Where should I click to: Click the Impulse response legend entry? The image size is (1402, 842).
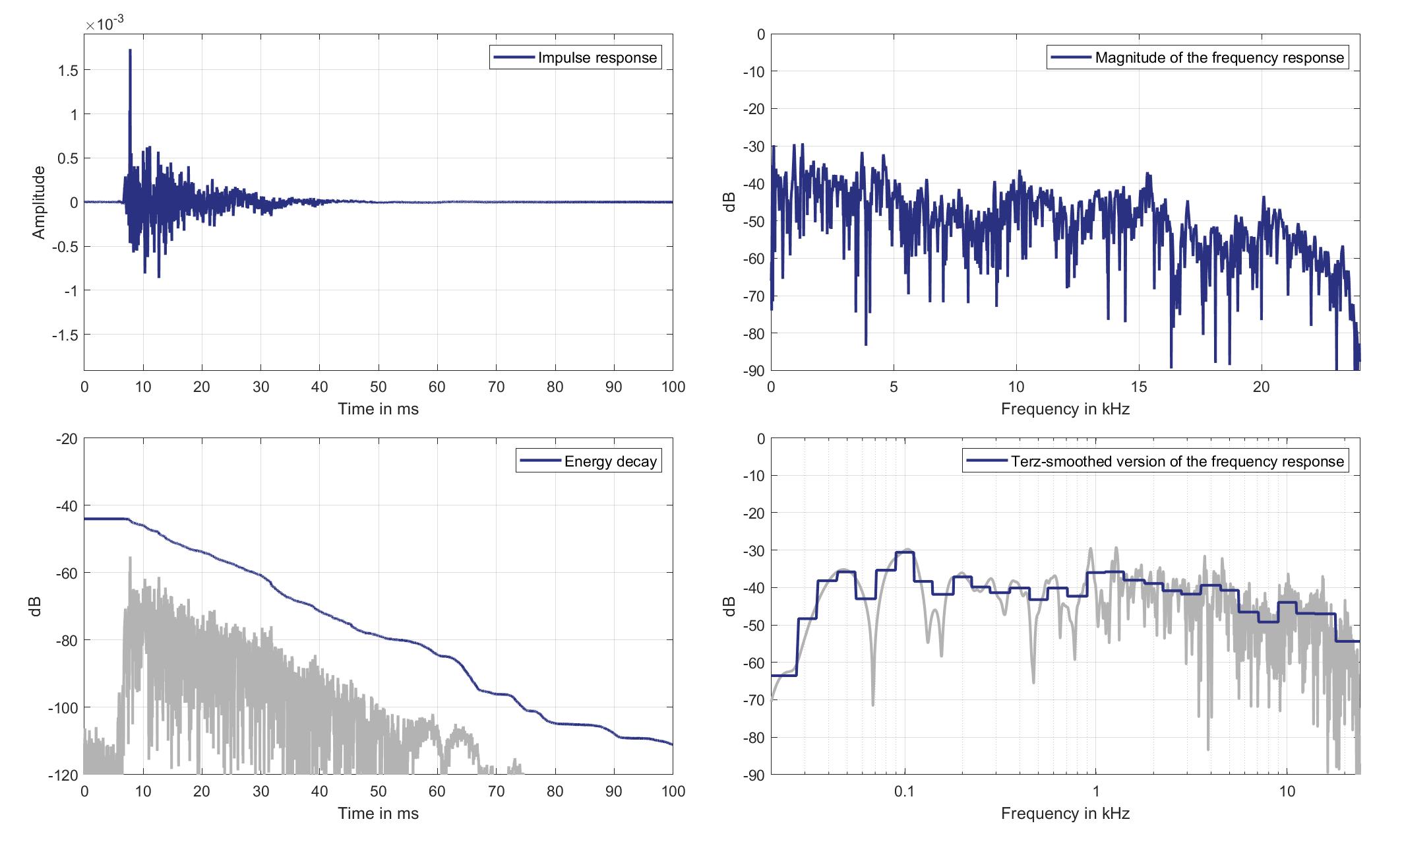pyautogui.click(x=575, y=57)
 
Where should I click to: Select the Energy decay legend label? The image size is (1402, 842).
pyautogui.click(x=588, y=461)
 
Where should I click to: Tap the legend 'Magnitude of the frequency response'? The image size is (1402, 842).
pyautogui.click(x=1198, y=57)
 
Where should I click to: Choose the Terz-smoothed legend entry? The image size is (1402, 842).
pyautogui.click(x=1155, y=461)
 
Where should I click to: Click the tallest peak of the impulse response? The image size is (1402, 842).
pyautogui.click(x=130, y=50)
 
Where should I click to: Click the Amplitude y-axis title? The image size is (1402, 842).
pyautogui.click(x=39, y=203)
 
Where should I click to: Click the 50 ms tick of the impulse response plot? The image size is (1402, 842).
pyautogui.click(x=379, y=387)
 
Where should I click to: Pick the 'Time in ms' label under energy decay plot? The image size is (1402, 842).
pyautogui.click(x=379, y=814)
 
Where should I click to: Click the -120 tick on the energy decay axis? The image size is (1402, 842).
pyautogui.click(x=63, y=775)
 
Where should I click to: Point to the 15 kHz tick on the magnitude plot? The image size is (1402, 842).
pyautogui.click(x=1139, y=387)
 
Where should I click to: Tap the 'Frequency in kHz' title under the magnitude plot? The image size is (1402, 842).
pyautogui.click(x=1065, y=409)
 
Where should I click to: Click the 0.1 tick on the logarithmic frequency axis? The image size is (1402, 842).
pyautogui.click(x=904, y=792)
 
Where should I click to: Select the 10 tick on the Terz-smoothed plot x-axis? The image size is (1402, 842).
pyautogui.click(x=1287, y=792)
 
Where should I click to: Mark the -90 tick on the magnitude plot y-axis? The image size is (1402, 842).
pyautogui.click(x=753, y=371)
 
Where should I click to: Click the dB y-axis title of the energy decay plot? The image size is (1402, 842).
pyautogui.click(x=37, y=606)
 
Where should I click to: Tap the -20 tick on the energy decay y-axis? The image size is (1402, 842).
pyautogui.click(x=66, y=439)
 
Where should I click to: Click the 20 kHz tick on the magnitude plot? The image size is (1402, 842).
pyautogui.click(x=1261, y=387)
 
